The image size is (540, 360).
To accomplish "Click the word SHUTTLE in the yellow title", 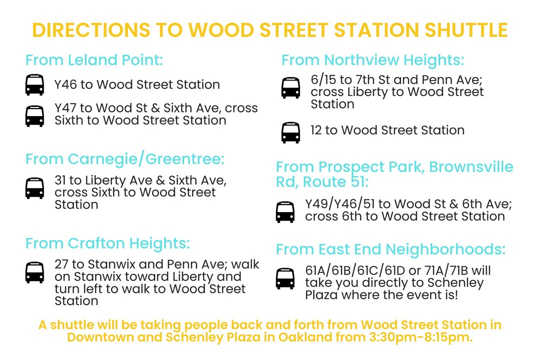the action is coord(466,30).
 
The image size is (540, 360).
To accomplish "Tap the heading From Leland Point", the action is coord(94,60).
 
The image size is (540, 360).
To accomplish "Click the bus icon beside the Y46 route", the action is coord(35,84).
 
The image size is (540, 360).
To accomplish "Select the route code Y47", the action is coord(65,108).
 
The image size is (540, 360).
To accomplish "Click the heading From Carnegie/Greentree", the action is coord(124,159).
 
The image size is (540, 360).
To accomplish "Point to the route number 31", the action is coord(60,180).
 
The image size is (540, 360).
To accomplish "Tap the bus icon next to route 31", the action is coord(35,188).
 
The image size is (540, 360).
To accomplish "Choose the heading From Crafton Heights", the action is coord(107,243).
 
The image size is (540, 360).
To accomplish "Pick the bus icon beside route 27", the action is coord(35,272).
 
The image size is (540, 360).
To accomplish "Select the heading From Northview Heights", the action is coord(372,60).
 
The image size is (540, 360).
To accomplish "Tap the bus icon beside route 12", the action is coord(290,132).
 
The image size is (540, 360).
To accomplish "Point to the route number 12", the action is coord(316,130).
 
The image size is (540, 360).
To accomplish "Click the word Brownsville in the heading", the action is coord(471,166).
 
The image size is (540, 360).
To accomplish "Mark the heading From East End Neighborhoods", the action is coord(390,249).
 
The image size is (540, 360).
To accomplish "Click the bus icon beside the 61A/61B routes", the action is coord(285,278).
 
